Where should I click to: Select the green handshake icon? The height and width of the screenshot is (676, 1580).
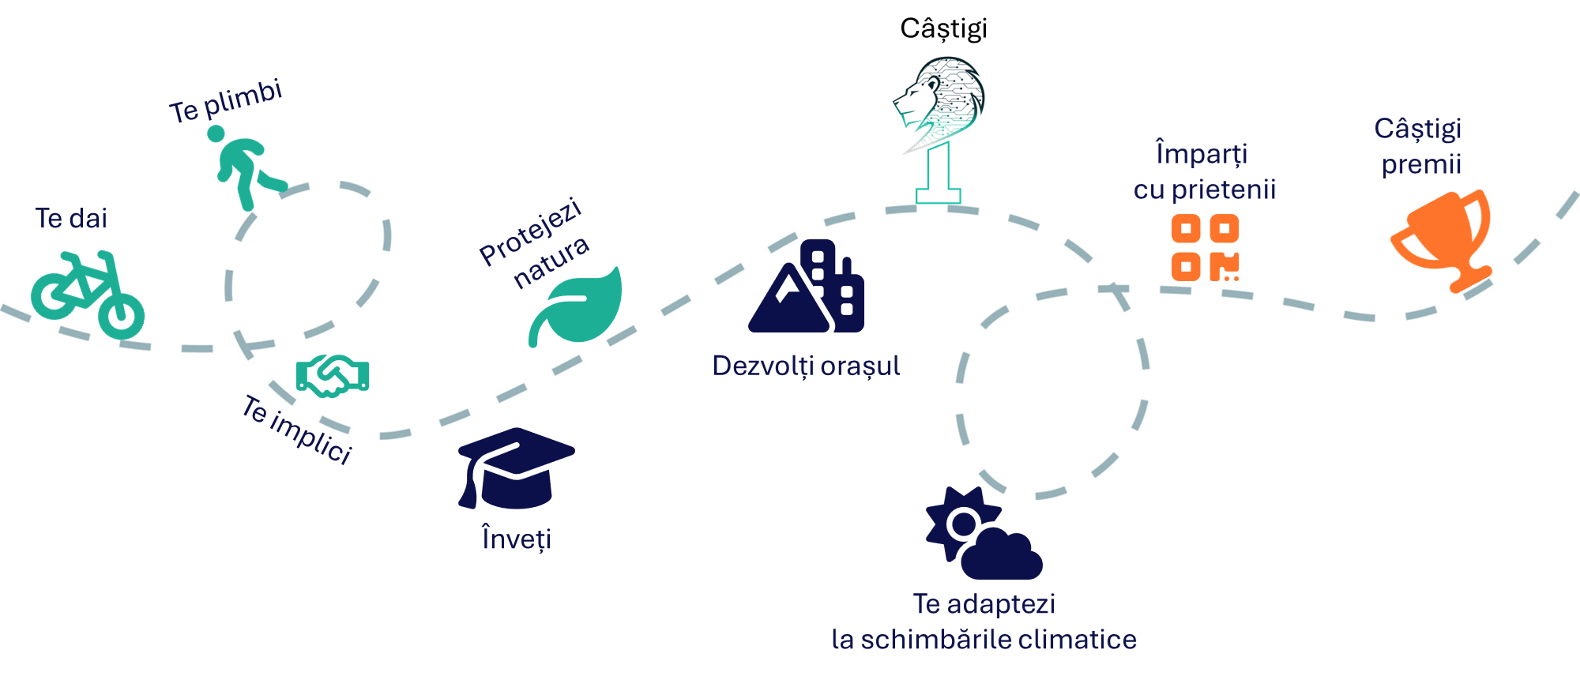point(333,375)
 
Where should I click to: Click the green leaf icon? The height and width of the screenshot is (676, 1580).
point(578,308)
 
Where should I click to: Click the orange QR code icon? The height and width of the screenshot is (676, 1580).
point(1205,248)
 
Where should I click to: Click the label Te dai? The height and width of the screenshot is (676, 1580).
point(71,218)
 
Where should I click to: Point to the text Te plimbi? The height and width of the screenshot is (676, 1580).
point(226,101)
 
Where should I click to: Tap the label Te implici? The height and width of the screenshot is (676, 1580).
point(297,430)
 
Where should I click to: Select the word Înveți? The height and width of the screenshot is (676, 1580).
point(517,539)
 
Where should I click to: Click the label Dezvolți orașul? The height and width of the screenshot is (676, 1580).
point(806,366)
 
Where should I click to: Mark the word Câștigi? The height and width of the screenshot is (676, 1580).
point(1418,129)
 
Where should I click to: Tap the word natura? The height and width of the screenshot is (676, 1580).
point(551,262)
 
